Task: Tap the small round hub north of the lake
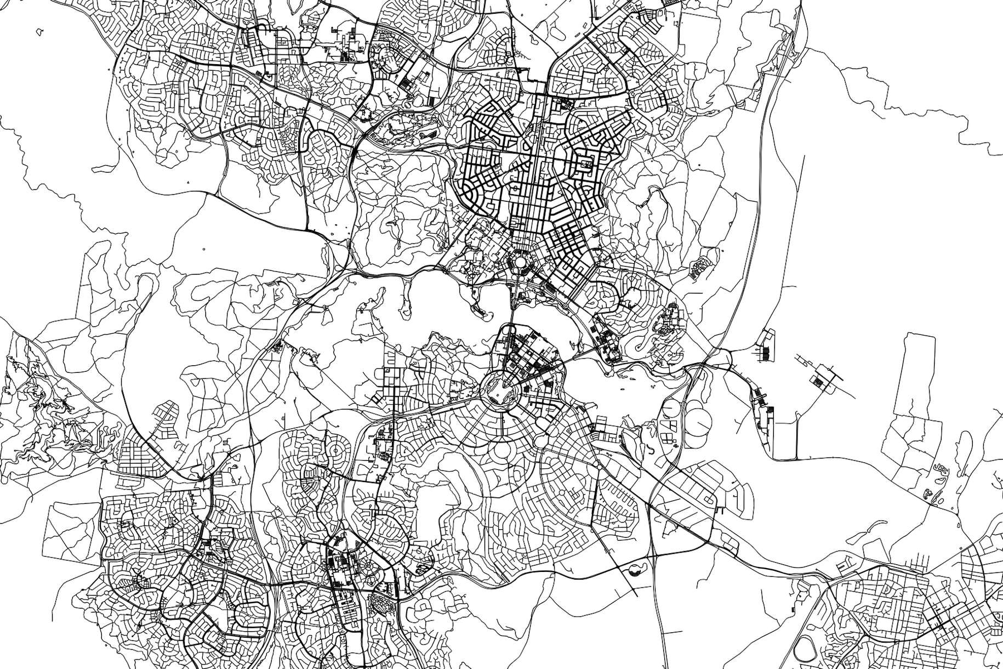click(518, 262)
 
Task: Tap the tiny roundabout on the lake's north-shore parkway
click(565, 306)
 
